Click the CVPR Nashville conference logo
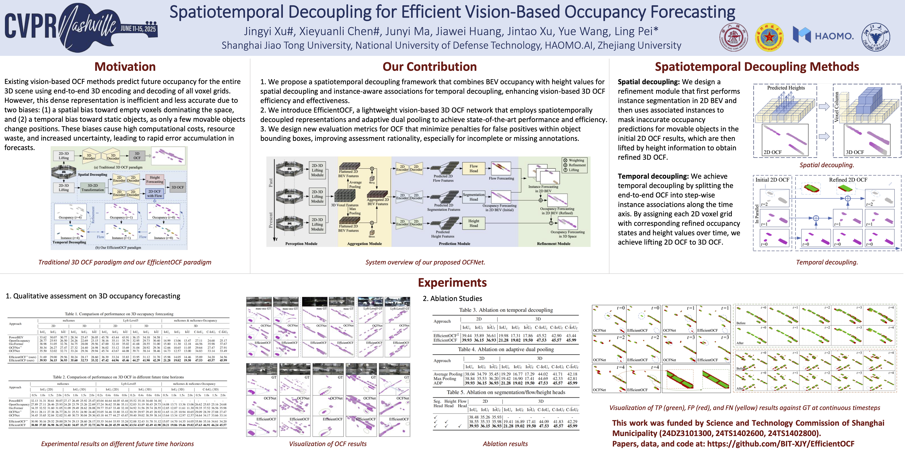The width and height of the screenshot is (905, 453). (x=81, y=27)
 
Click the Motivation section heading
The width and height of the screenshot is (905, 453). (x=125, y=67)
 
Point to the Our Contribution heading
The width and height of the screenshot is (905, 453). (x=429, y=67)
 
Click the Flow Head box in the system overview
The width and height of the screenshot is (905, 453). (x=474, y=168)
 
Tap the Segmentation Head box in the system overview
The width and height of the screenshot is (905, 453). (x=474, y=197)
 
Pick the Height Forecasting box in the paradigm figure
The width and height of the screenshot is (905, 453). (x=155, y=179)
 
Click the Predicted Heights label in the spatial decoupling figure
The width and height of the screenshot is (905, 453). (x=786, y=88)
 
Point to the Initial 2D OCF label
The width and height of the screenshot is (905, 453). (x=772, y=180)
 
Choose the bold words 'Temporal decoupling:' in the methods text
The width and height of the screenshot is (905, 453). (x=653, y=176)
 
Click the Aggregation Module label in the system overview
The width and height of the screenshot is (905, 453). (x=364, y=244)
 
